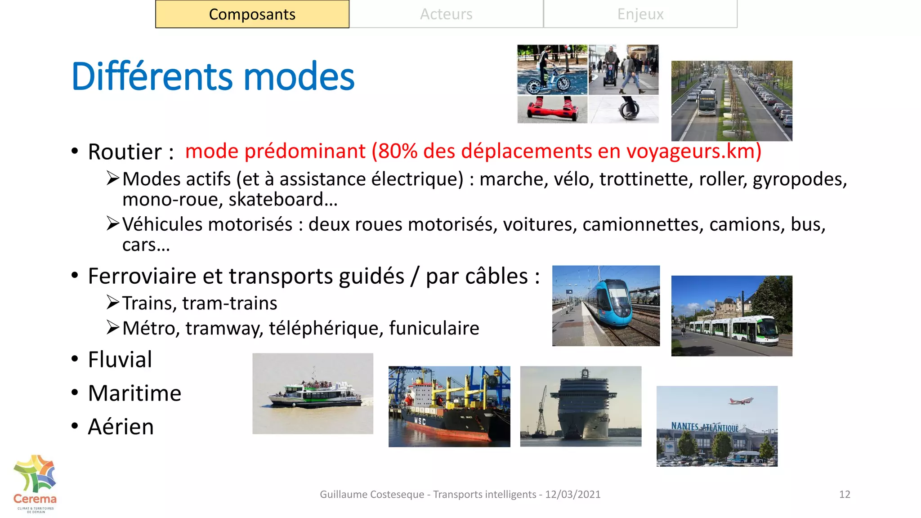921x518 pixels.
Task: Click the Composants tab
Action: click(252, 14)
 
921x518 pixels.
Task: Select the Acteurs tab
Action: click(446, 14)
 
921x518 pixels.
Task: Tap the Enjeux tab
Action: click(640, 14)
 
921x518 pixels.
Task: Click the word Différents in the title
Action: click(152, 76)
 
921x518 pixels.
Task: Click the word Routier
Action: click(125, 152)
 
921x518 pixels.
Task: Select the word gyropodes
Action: click(799, 179)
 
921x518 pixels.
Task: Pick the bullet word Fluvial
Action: click(120, 360)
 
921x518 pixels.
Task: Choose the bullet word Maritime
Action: click(134, 393)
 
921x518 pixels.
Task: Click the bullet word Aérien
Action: click(121, 427)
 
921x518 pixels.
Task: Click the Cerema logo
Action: click(35, 483)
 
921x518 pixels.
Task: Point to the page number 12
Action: click(845, 495)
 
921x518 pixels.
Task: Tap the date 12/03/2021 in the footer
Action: click(572, 495)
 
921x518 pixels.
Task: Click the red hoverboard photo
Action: click(552, 110)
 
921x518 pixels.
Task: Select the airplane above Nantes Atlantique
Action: click(740, 400)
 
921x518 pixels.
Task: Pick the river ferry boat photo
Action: click(313, 394)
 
